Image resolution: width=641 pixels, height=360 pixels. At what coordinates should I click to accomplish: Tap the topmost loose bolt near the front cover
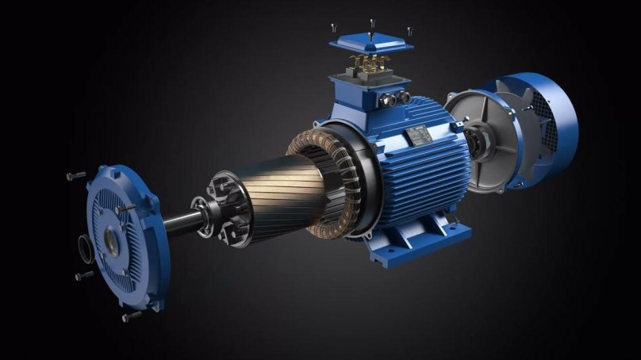click(x=77, y=176)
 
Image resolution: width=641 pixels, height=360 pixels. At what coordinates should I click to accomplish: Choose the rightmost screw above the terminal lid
click(x=409, y=31)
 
